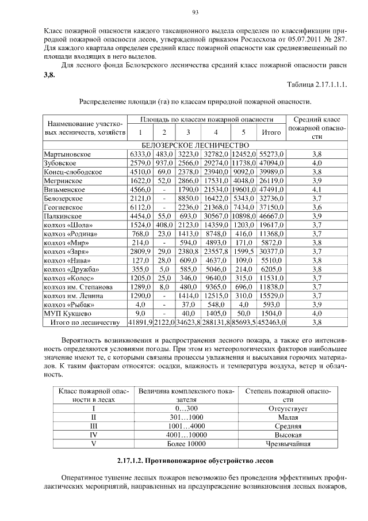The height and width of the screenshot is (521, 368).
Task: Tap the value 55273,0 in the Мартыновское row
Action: [x=271, y=154]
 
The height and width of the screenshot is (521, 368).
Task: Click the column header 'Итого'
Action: [x=271, y=132]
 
